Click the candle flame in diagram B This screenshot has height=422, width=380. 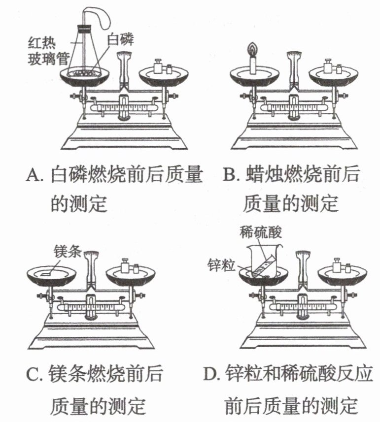(253, 50)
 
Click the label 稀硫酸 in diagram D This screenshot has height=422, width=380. (261, 231)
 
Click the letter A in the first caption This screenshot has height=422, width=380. (32, 175)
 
